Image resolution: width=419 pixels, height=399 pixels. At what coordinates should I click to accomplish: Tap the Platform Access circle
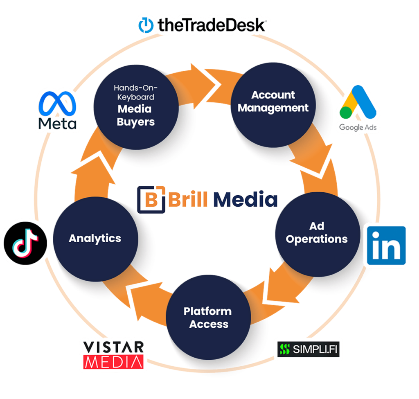[x=208, y=317]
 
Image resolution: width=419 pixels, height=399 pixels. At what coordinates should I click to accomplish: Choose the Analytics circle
[x=95, y=238]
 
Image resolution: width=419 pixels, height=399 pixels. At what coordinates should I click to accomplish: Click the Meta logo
[x=58, y=111]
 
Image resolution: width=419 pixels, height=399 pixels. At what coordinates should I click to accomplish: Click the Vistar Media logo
[x=113, y=354]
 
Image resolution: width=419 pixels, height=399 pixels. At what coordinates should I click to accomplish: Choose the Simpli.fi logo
[x=308, y=349]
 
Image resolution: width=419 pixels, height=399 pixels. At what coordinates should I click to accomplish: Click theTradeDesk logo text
[x=212, y=26]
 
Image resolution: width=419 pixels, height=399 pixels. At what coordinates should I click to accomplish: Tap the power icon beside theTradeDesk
[x=145, y=25]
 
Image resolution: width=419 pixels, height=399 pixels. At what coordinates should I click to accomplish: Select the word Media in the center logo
[x=245, y=200]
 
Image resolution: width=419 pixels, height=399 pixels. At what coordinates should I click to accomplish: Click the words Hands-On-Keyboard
[x=135, y=92]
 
